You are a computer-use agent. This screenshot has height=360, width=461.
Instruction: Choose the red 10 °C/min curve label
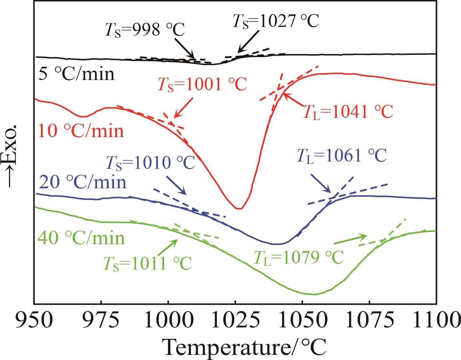click(81, 131)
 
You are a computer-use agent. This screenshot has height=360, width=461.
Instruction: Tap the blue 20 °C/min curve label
click(82, 182)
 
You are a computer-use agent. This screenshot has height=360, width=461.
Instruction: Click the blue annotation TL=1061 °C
click(341, 156)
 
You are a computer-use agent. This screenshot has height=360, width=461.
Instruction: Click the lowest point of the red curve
click(239, 209)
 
